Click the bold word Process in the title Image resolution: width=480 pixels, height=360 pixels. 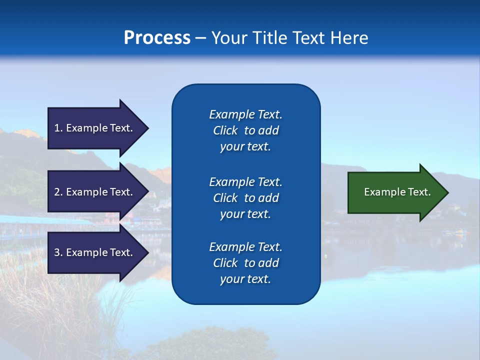[x=157, y=38]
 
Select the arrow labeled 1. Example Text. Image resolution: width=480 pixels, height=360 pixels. [x=97, y=128]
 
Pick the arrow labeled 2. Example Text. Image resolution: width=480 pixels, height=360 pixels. [x=97, y=192]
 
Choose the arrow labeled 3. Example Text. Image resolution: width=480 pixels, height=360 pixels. [x=97, y=252]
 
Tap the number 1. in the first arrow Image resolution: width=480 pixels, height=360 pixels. [x=58, y=128]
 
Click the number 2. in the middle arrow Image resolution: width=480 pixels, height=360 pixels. [x=58, y=192]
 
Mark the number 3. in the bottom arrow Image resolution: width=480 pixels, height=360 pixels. [x=58, y=252]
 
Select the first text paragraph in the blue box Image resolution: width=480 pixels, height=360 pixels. [x=245, y=130]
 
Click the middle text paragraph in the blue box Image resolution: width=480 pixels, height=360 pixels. [x=245, y=198]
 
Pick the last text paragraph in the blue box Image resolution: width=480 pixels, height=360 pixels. [x=245, y=263]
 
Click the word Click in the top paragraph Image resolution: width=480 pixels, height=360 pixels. [x=225, y=130]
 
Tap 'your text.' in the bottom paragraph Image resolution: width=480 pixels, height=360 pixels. [x=245, y=279]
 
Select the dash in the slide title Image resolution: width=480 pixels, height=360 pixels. [x=201, y=38]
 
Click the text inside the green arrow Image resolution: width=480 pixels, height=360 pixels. [x=397, y=192]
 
